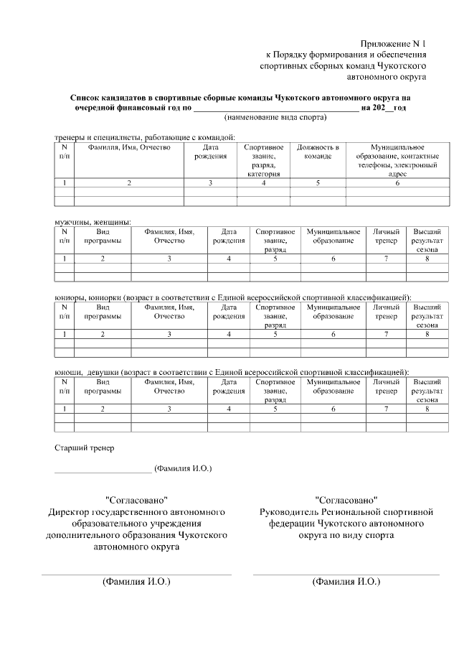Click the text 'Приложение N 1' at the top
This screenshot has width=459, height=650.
point(393,44)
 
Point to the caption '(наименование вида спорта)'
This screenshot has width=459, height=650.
point(275,117)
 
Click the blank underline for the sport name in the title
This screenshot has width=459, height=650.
point(275,108)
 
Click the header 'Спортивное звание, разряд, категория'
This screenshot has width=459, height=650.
point(263,160)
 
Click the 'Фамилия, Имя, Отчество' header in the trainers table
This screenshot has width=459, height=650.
point(129,147)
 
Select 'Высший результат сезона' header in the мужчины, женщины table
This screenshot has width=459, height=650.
point(427,241)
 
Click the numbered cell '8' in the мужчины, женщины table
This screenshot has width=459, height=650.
point(427,258)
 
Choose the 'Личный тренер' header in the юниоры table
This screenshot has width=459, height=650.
point(386,311)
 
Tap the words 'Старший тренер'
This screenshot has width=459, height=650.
point(85,448)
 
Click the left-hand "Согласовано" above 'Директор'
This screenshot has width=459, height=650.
point(136,500)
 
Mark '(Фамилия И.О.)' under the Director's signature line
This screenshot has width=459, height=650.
point(136,582)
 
